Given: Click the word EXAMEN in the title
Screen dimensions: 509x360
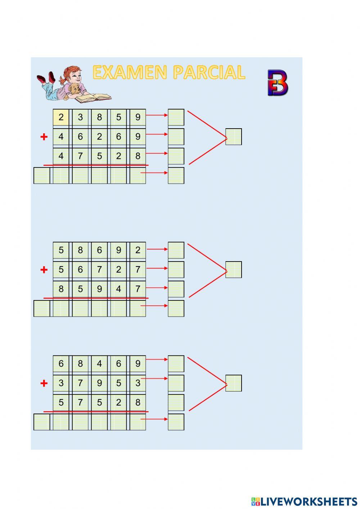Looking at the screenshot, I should [130, 72].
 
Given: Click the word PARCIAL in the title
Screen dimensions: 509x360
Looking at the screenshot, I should [209, 72].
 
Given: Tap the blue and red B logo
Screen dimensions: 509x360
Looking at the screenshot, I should [278, 83].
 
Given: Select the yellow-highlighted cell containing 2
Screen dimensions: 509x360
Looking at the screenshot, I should [61, 117].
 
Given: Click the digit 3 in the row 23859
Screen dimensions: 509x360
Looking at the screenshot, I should [80, 117].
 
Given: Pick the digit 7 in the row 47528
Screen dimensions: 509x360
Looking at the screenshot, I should [80, 156].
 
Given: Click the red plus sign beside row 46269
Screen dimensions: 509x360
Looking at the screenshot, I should [44, 137].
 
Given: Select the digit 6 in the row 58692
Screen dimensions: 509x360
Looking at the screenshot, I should [99, 250].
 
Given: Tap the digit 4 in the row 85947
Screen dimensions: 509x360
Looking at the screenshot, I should [118, 289].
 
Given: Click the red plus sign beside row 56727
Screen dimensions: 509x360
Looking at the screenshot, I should [44, 269].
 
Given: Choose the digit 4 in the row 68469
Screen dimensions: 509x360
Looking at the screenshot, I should [99, 364].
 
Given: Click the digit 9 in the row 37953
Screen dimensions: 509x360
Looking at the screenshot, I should [99, 383].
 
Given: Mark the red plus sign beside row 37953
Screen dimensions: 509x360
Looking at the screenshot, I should [44, 383].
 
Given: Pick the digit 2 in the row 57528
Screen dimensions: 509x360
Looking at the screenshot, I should [118, 402].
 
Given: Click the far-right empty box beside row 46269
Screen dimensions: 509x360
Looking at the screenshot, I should [234, 137].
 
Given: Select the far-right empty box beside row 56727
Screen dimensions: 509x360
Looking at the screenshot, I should [234, 270].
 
